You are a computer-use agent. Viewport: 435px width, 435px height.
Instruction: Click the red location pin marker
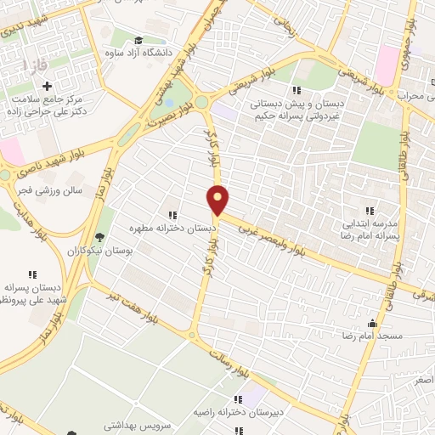coord(218,199)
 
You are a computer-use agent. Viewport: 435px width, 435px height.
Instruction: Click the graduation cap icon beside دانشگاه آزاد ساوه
coord(138,39)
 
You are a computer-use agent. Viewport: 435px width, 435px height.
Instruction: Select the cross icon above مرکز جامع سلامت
coord(47,86)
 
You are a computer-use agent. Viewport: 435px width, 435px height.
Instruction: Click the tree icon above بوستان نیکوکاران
coord(100,237)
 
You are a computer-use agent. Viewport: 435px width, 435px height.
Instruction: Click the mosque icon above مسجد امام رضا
coord(371,324)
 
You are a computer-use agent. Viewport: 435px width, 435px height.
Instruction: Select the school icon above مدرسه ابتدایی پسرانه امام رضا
coord(369,210)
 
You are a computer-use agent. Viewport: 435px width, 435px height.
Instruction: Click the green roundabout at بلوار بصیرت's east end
coord(201,102)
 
